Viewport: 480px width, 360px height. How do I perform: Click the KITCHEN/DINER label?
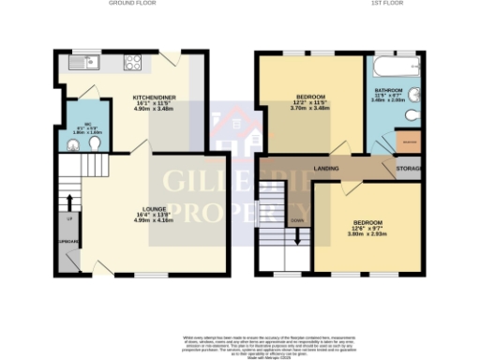[156, 97]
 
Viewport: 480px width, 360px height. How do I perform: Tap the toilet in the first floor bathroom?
[413, 114]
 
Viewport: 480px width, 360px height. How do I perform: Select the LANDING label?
[327, 169]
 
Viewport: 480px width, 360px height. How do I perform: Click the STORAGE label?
[409, 169]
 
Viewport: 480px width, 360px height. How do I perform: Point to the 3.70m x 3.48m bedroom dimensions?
[311, 108]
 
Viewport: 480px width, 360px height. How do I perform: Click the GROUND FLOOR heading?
[131, 4]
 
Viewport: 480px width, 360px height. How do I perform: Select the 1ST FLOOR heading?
[382, 4]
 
